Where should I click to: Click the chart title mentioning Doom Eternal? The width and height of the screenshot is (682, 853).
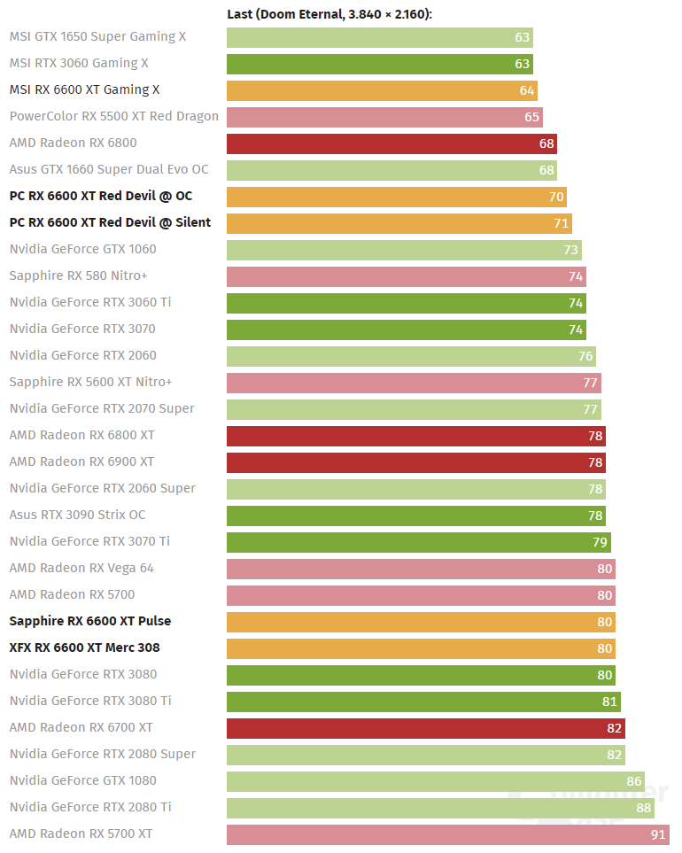point(329,14)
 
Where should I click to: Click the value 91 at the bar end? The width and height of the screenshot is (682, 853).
point(658,834)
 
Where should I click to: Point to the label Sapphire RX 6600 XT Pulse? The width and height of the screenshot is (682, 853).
point(90,622)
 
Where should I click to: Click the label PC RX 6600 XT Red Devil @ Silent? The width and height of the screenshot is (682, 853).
point(110,223)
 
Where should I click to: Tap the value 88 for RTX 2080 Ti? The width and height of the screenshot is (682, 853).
point(643,808)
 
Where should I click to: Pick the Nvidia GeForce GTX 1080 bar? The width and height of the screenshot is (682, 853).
point(435,781)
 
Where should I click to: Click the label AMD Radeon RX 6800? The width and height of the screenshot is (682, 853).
point(73,143)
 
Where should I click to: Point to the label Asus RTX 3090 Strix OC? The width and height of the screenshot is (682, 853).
point(77,516)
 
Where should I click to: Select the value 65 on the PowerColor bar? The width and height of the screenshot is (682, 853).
point(531,117)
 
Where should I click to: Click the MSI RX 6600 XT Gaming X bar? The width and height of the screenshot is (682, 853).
point(382,90)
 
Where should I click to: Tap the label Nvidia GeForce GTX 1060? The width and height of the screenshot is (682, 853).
point(82,250)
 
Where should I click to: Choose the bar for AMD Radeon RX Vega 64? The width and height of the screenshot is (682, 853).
point(421,569)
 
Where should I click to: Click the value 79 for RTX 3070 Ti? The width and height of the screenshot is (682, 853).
point(600,542)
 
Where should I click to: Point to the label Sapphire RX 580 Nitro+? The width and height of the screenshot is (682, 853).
point(78,276)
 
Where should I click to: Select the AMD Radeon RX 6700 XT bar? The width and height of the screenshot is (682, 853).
point(425,728)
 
